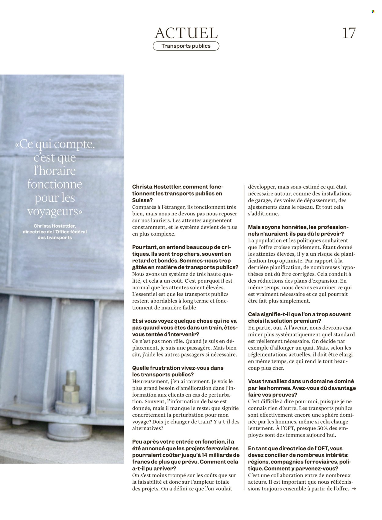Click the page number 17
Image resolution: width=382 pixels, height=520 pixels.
click(x=349, y=33)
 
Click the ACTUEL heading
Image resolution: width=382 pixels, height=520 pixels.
click(x=186, y=33)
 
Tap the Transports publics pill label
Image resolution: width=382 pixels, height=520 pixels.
click(x=186, y=46)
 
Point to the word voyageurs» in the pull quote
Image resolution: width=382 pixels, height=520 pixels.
click(x=55, y=211)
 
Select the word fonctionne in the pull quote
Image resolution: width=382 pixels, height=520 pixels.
click(x=55, y=184)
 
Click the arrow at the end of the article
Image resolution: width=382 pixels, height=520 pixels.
click(x=354, y=489)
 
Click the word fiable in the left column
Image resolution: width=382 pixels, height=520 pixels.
click(x=189, y=308)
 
